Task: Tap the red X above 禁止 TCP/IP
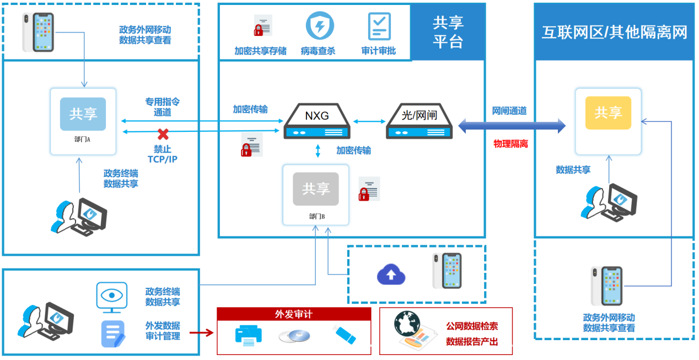click(x=163, y=134)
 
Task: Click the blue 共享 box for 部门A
click(x=83, y=114)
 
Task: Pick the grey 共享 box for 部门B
click(x=316, y=189)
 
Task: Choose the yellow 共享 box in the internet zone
click(x=608, y=113)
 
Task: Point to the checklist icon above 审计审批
click(x=379, y=26)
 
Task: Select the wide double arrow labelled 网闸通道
click(x=512, y=126)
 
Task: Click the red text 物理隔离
click(x=510, y=144)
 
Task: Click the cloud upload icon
click(x=391, y=274)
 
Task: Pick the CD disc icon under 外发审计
click(x=294, y=336)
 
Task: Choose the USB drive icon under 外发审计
click(x=345, y=335)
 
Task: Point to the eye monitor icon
click(x=112, y=297)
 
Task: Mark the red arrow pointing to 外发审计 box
click(x=201, y=332)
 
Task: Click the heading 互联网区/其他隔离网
click(x=614, y=32)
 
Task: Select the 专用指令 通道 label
click(x=163, y=107)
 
